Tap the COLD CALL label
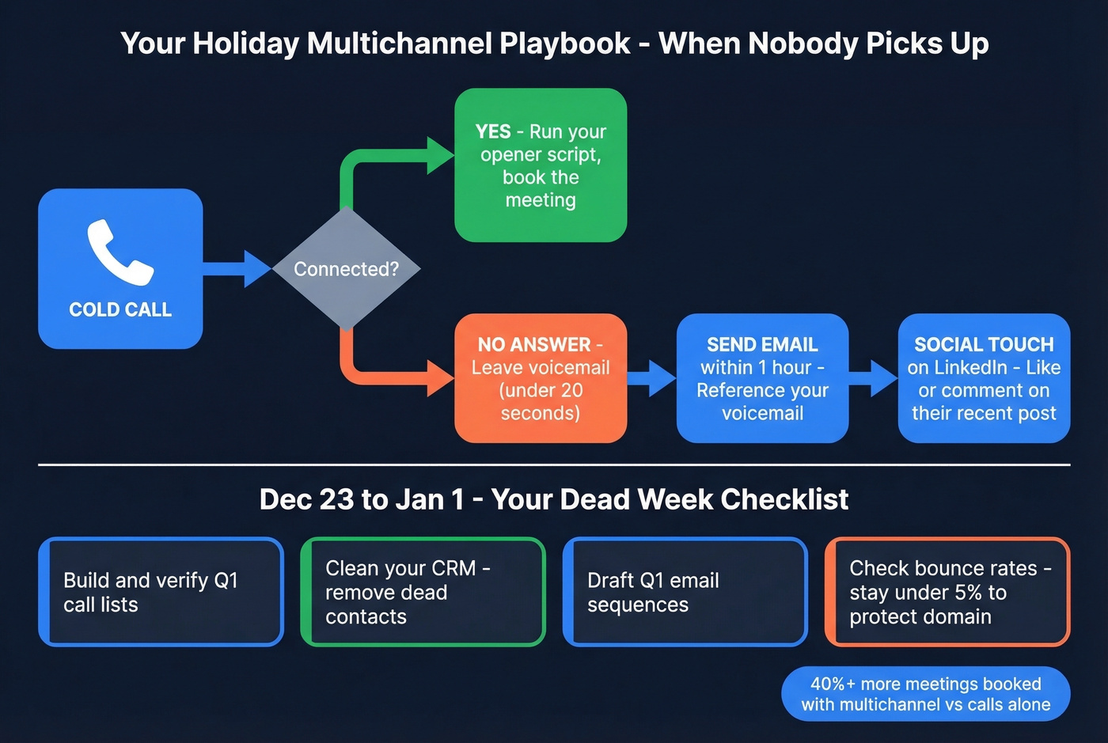(x=120, y=309)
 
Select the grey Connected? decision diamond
(x=346, y=268)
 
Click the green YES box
(x=541, y=165)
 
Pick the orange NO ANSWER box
(x=541, y=378)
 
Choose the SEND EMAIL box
(x=762, y=378)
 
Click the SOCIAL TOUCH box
(x=984, y=378)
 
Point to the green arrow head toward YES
(x=440, y=155)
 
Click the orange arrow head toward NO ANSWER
(x=440, y=378)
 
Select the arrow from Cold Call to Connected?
(x=237, y=269)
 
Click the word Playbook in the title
(x=564, y=43)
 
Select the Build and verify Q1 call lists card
(x=161, y=592)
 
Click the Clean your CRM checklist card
(x=423, y=592)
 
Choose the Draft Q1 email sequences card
(x=685, y=592)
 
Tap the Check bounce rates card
(x=947, y=592)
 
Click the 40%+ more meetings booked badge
(x=925, y=694)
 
